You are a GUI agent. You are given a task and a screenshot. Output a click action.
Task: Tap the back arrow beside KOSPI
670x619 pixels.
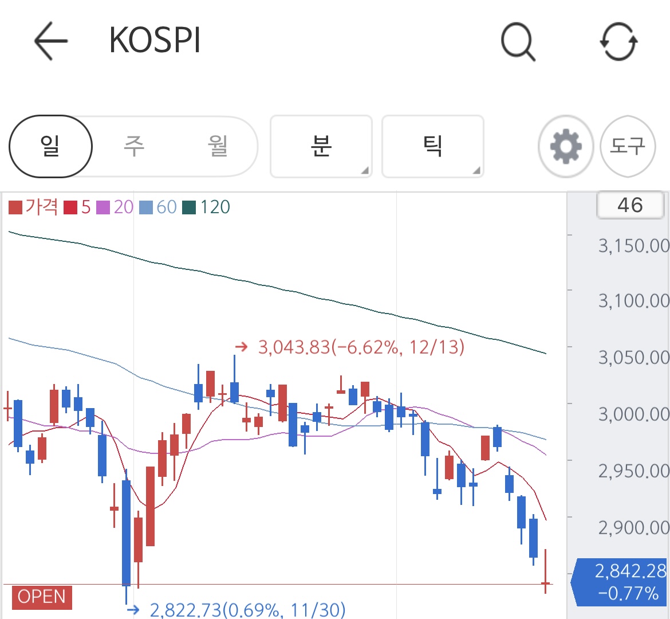coord(51,41)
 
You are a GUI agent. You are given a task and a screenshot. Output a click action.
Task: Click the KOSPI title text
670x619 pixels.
coord(155,40)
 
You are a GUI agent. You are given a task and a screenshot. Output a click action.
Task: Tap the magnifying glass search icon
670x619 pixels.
coord(518,41)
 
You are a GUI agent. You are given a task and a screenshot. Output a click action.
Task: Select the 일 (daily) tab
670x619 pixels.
coord(50,146)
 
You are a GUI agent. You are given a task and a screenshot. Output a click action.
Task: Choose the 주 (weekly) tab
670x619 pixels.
coord(134,146)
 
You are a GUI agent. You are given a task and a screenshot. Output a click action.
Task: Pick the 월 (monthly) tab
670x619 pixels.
coord(218,146)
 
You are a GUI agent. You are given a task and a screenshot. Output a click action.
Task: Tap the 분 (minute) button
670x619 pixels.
coord(321,146)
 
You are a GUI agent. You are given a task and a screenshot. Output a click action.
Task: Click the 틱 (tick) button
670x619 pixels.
coord(432,146)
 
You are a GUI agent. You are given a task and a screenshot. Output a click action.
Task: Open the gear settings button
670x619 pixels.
coord(566,146)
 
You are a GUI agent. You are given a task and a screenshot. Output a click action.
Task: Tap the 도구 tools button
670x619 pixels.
coord(628,146)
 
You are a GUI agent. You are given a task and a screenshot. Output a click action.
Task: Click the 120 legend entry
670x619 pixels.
coord(206,207)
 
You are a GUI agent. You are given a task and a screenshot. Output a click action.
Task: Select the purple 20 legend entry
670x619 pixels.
coord(115,207)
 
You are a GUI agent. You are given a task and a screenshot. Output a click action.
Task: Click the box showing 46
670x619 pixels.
coord(630,205)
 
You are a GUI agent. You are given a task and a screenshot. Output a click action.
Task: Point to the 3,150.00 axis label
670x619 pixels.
coord(634,245)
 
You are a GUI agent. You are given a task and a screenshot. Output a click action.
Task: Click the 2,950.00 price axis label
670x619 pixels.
coord(634,471)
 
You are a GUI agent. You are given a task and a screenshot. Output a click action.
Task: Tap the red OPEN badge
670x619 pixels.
coord(42,597)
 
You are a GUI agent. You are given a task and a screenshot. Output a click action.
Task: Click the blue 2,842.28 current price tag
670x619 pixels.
coord(620,582)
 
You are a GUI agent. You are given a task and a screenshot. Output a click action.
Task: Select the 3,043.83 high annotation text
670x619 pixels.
coord(361,347)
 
